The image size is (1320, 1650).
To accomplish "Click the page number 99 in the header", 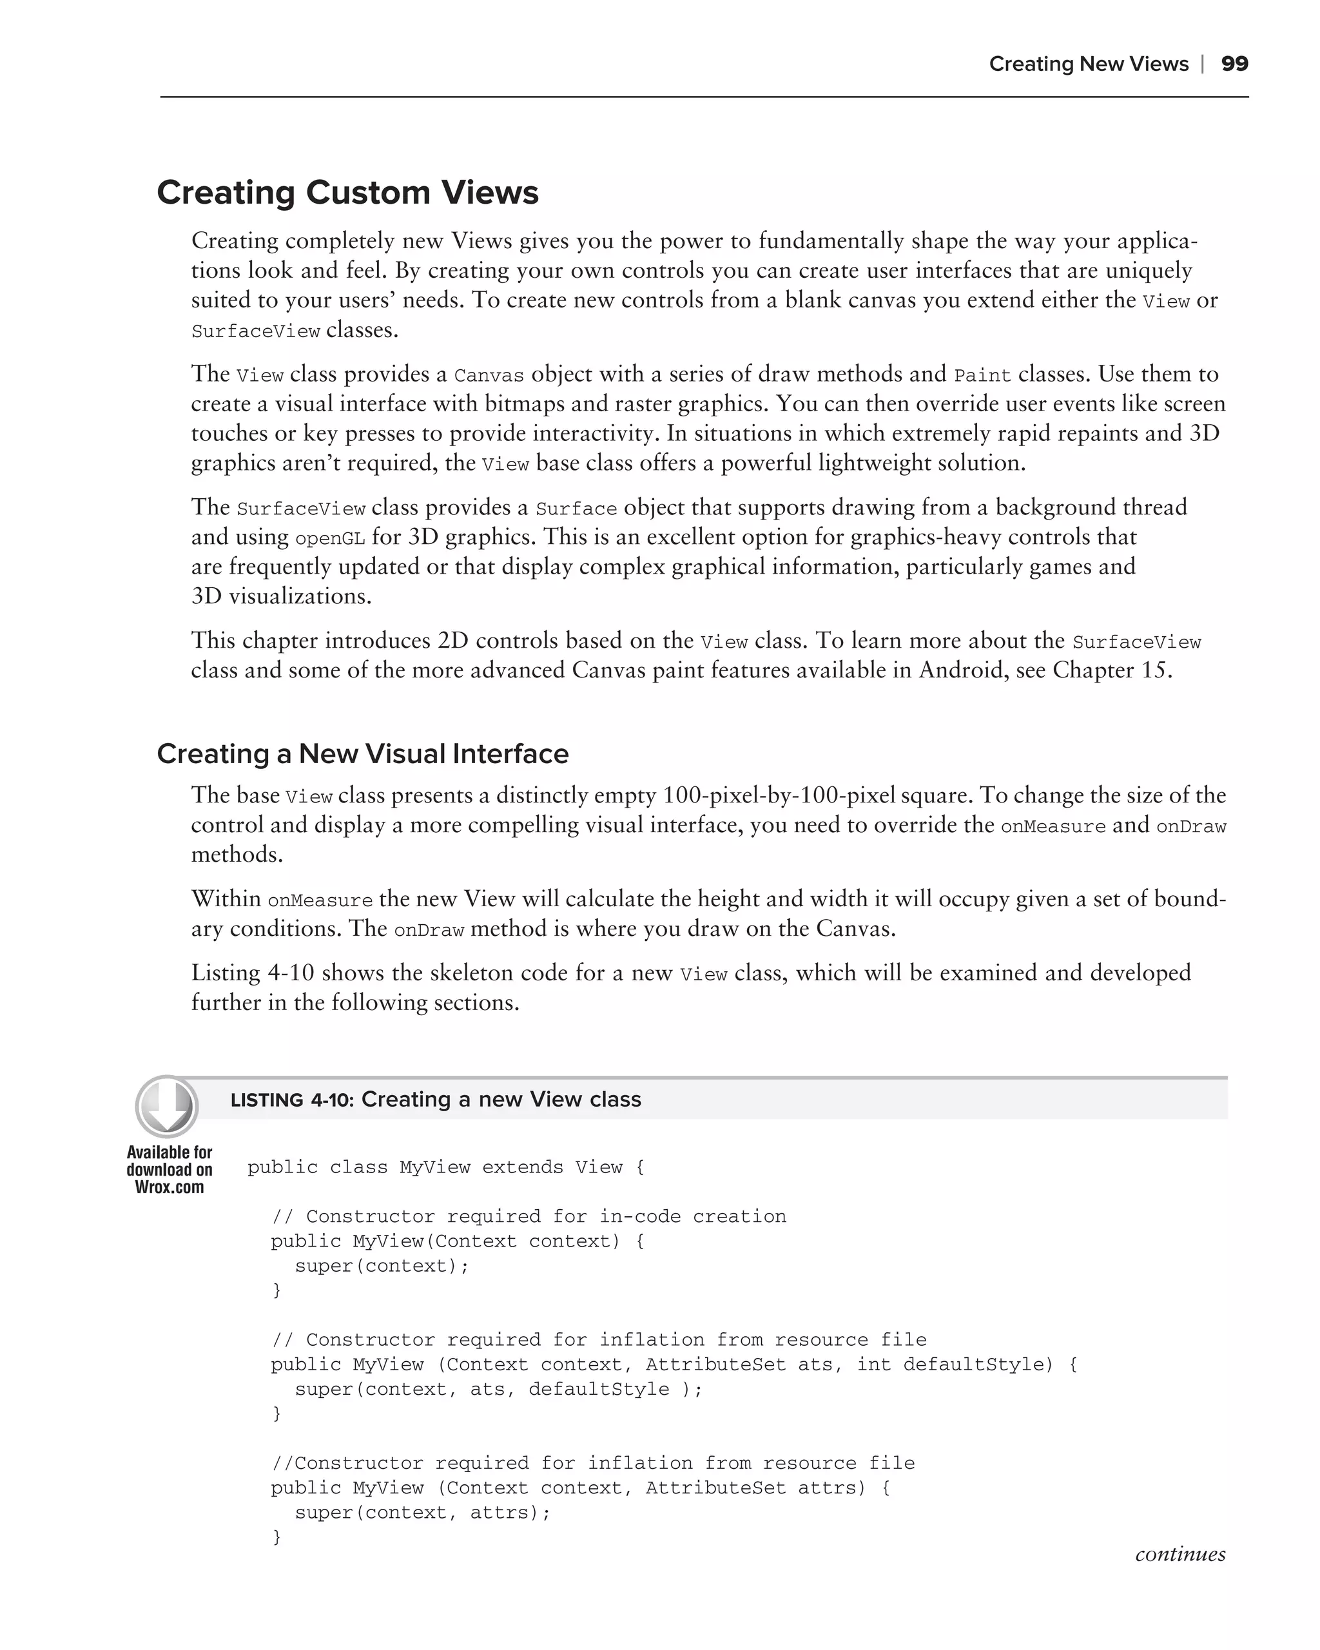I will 1234,64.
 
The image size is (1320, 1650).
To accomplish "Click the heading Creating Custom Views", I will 347,192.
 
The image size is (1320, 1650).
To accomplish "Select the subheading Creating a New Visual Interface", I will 363,754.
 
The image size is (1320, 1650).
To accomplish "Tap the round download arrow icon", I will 167,1106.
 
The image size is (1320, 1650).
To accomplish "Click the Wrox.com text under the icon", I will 169,1187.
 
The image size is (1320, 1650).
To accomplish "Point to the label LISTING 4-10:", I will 293,1100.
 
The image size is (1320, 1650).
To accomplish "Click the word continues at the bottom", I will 1180,1555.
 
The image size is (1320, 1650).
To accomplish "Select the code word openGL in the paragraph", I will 330,539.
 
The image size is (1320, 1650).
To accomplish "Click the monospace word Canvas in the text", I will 489,376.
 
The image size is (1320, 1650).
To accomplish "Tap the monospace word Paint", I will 982,376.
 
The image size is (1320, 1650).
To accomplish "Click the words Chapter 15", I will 1111,670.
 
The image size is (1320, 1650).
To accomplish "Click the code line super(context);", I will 381,1266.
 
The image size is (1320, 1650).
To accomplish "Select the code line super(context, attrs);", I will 422,1512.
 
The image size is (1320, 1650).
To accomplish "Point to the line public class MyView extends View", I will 445,1167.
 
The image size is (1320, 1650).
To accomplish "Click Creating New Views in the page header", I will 1088,64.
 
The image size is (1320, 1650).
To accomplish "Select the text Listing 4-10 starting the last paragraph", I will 253,973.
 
